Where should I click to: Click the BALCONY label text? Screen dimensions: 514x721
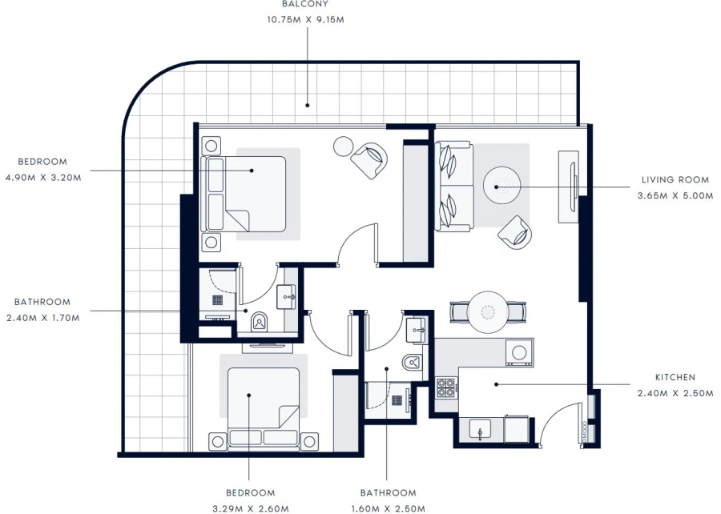coord(304,4)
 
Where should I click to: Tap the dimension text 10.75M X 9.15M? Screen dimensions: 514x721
coord(304,19)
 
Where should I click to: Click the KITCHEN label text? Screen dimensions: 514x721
coord(675,377)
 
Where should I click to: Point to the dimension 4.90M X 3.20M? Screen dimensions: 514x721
coord(42,177)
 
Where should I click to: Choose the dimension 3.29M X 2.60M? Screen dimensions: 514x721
coord(250,508)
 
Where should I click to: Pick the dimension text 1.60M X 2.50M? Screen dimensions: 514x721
coord(388,508)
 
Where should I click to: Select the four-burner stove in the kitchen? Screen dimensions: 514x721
coord(445,388)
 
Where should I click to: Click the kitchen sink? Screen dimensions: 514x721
coord(479,430)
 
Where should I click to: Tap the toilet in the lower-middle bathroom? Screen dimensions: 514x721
coord(411,361)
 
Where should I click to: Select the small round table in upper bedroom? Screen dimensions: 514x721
coord(343,147)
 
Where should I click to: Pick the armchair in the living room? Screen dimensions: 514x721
coord(514,232)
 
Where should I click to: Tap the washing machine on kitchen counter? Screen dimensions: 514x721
coord(518,351)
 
